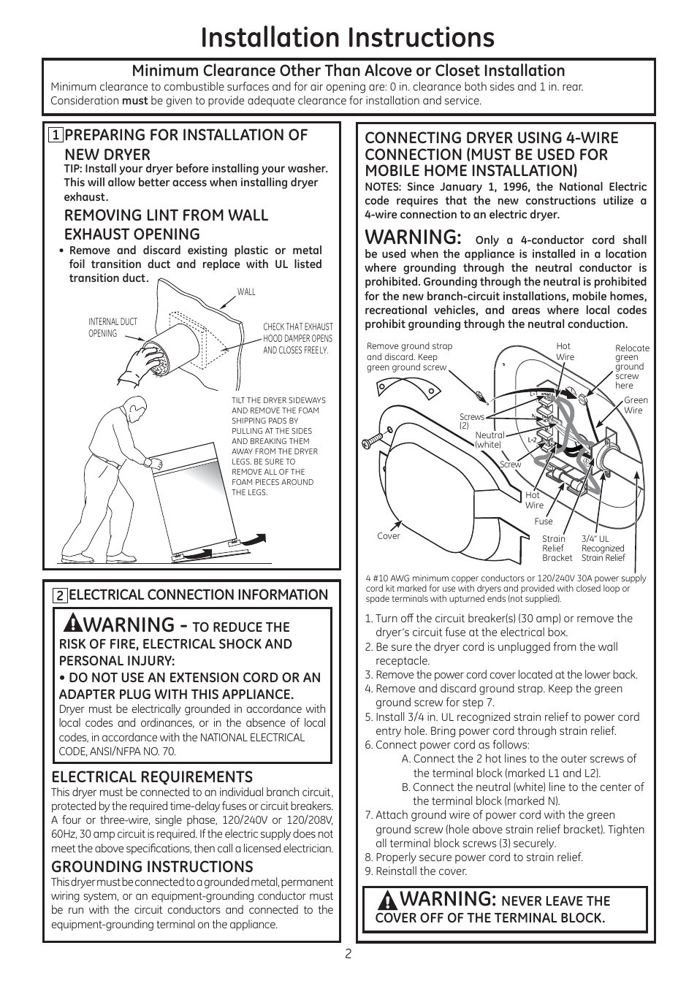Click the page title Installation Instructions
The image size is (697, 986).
[348, 38]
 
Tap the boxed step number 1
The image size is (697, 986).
[56, 135]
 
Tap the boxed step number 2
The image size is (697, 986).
[60, 595]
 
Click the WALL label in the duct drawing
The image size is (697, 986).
[246, 292]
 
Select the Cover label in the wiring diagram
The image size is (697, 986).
[389, 536]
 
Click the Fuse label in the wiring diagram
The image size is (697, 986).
[544, 521]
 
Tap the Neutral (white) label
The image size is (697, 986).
[489, 439]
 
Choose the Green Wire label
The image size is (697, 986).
[636, 405]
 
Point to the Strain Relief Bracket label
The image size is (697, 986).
[557, 549]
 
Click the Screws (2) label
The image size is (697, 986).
[471, 421]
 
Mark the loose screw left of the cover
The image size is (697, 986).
[373, 439]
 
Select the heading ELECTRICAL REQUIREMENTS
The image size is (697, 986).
[152, 776]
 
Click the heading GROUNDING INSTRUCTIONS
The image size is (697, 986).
[152, 866]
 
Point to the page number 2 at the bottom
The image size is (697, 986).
[348, 953]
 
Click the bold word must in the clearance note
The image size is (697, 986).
[134, 101]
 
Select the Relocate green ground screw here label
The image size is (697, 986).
[631, 367]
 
